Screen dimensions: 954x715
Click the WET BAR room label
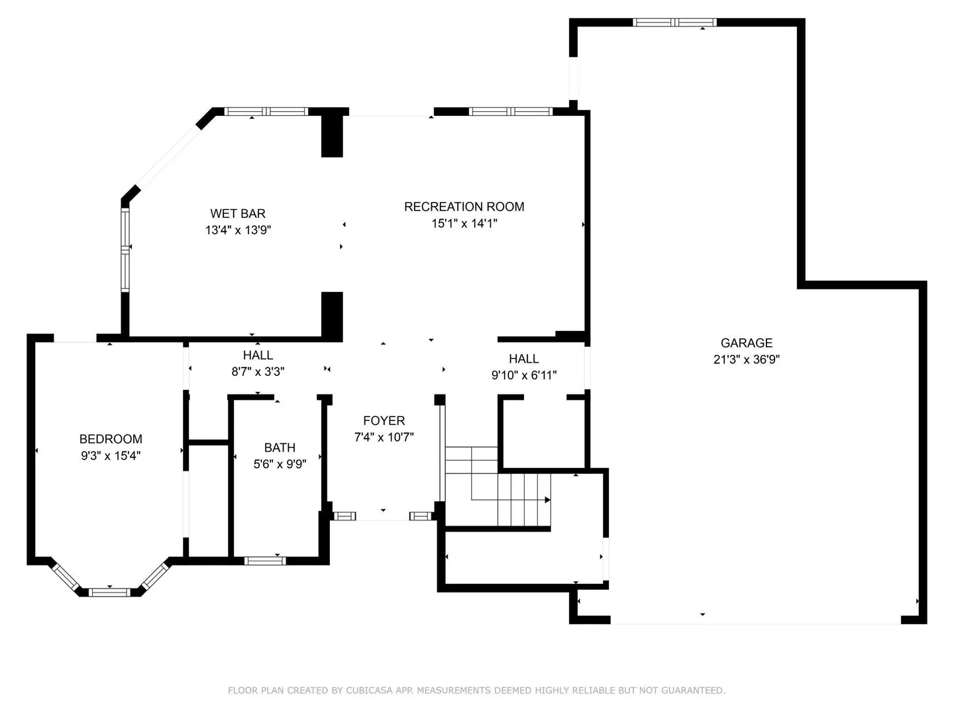[x=238, y=214]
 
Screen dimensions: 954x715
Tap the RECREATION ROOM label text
[x=464, y=207]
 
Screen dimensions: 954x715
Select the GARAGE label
[x=746, y=343]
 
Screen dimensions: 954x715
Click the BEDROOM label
[x=111, y=439]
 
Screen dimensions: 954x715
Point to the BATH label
[x=280, y=448]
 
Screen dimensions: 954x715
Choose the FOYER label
[x=384, y=420]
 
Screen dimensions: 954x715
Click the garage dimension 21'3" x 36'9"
[x=746, y=359]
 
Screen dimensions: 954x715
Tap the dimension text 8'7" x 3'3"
[x=258, y=371]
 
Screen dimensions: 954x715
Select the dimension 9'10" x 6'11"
[x=524, y=375]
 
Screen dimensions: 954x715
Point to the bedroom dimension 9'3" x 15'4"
[x=111, y=456]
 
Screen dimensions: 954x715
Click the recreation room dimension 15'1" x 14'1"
[x=464, y=224]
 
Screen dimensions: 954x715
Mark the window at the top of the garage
[x=674, y=22]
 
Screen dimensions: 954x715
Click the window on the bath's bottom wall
[x=265, y=561]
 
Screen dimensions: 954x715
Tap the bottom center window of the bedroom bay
[x=109, y=593]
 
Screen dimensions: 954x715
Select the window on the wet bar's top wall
[x=266, y=112]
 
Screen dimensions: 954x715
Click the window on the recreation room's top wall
[x=511, y=112]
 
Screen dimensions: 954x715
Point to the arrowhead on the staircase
[x=548, y=500]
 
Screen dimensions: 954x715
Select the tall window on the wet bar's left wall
[x=125, y=250]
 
